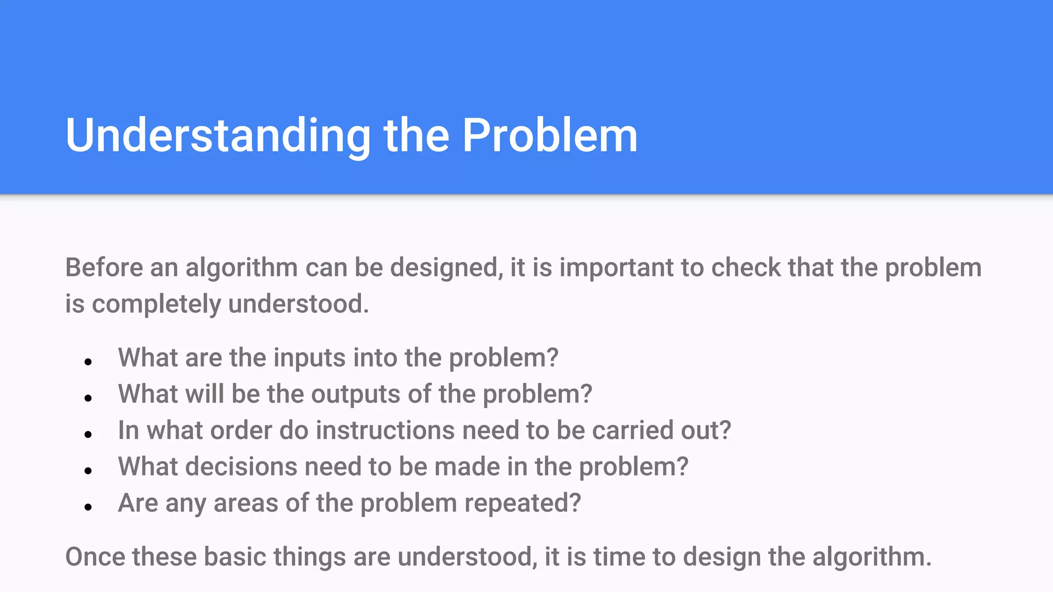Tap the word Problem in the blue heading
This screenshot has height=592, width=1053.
550,136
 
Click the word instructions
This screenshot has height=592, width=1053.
385,430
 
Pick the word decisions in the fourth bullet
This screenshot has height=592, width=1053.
241,467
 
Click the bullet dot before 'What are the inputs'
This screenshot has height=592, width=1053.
88,362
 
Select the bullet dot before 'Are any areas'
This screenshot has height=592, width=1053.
88,507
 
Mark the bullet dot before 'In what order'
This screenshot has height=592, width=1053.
88,435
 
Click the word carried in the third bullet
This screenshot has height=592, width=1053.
632,430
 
